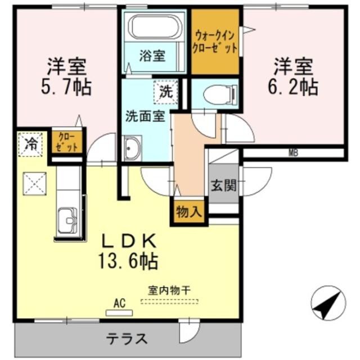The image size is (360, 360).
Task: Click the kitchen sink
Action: [x=68, y=219]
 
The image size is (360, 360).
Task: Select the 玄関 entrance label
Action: [x=223, y=184]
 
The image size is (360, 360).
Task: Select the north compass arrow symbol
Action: [x=328, y=303]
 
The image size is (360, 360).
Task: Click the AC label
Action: [x=119, y=303]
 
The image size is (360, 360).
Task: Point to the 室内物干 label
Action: [x=169, y=291]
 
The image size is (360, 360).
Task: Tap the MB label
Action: [x=293, y=152]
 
